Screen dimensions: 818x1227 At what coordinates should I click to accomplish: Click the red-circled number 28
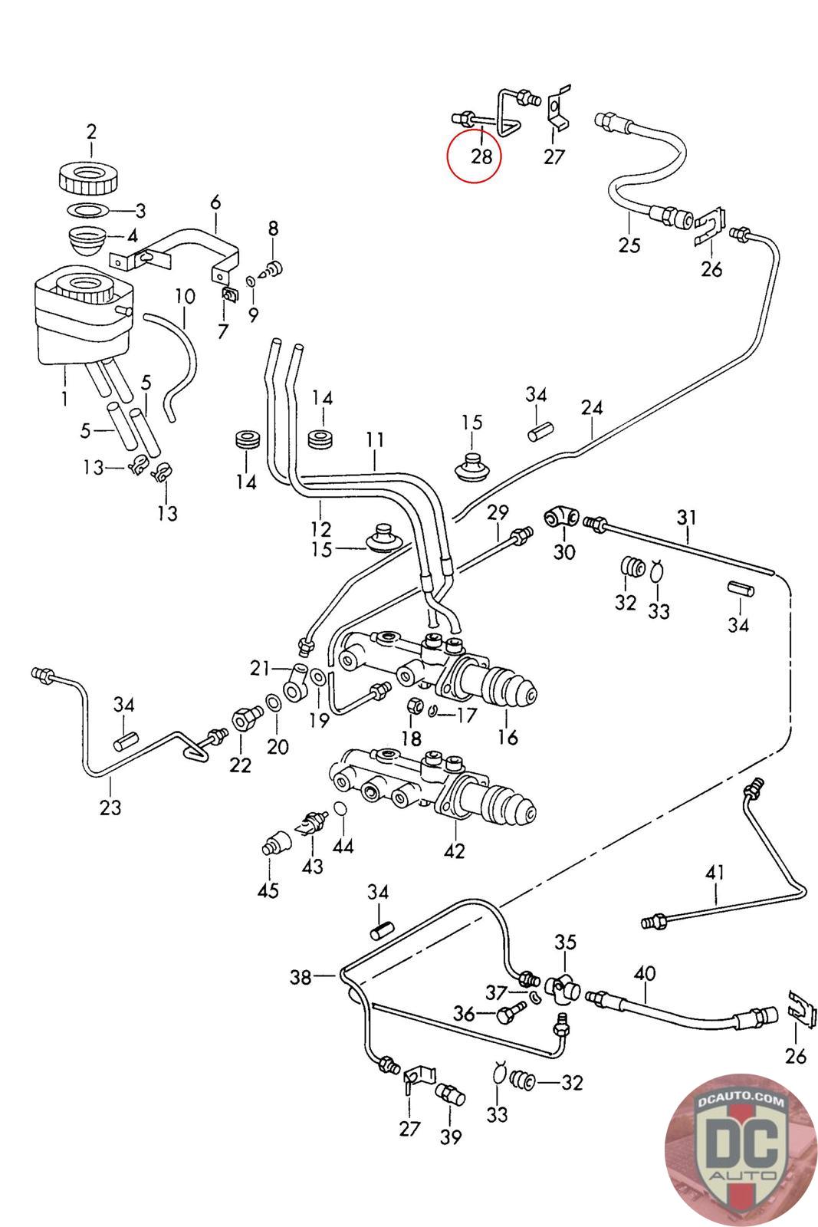click(x=481, y=156)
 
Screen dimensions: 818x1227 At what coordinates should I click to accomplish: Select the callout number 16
click(x=508, y=737)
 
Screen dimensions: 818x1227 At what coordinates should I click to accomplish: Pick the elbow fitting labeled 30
click(x=561, y=517)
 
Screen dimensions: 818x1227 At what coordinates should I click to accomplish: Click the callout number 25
click(x=629, y=245)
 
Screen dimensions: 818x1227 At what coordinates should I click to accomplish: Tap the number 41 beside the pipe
click(x=715, y=872)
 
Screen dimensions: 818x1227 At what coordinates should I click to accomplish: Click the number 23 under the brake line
click(x=110, y=807)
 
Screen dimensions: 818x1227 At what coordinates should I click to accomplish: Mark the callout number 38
click(x=301, y=977)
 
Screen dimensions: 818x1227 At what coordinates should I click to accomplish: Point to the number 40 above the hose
click(x=645, y=973)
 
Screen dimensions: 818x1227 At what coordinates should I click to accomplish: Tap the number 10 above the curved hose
click(x=185, y=296)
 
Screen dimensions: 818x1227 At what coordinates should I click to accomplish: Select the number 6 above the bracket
click(x=215, y=202)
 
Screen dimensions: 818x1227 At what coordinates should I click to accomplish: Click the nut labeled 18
click(x=416, y=706)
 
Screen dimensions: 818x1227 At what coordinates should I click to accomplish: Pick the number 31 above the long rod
click(x=687, y=517)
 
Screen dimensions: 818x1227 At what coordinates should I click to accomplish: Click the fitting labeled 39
click(x=450, y=1095)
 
